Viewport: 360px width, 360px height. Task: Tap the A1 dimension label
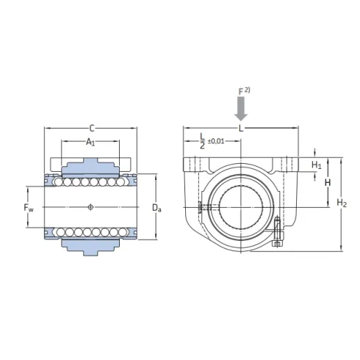click(90, 141)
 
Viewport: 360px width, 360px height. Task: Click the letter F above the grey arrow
click(239, 91)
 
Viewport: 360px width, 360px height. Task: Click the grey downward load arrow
click(240, 109)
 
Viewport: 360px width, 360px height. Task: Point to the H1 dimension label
click(317, 165)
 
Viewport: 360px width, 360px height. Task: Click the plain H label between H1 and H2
click(329, 181)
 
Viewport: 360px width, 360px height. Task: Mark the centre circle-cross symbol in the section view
click(90, 206)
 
